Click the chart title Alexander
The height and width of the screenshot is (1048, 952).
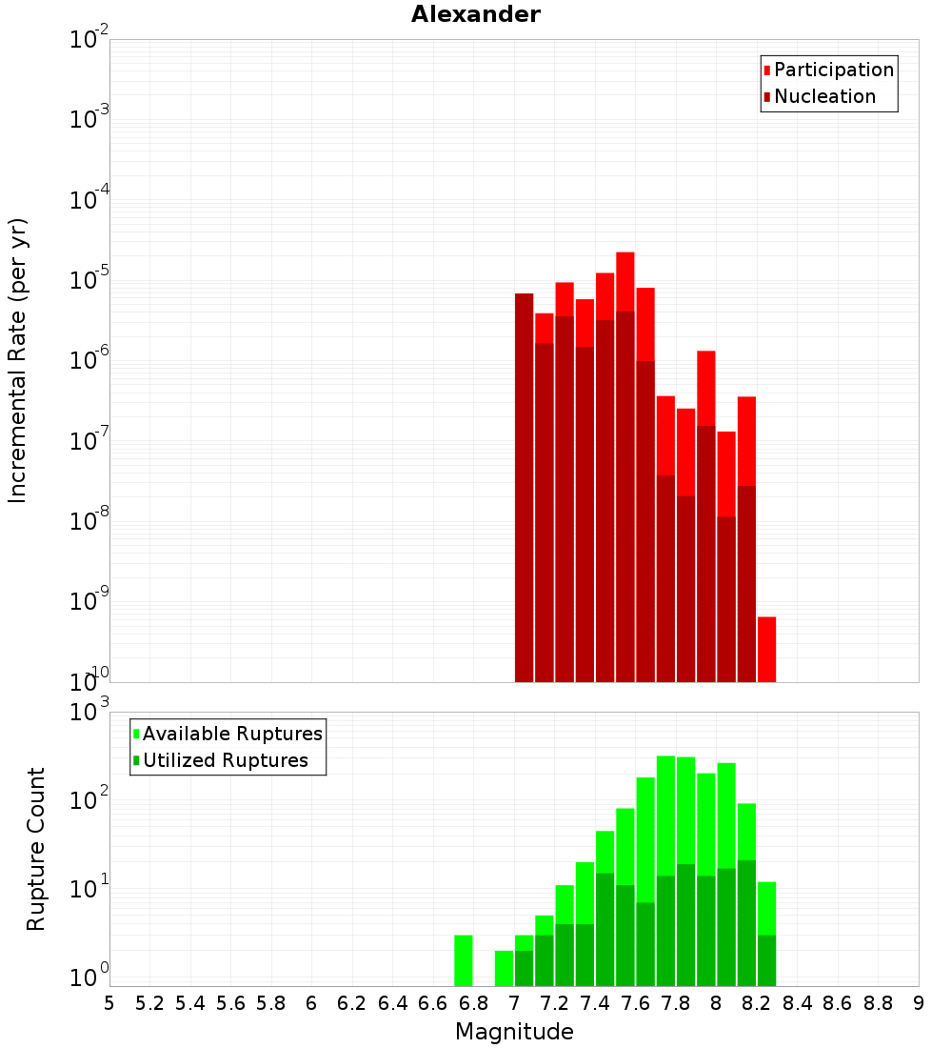[x=475, y=14]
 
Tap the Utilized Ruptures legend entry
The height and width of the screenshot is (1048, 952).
[x=225, y=760]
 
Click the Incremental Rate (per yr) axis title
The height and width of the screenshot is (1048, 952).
[x=18, y=360]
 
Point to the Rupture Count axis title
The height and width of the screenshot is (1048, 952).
[x=36, y=848]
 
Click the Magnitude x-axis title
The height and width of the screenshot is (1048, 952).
[x=514, y=1031]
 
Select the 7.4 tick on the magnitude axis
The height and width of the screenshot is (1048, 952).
[x=595, y=1003]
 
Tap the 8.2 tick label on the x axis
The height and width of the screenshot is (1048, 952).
[x=757, y=1003]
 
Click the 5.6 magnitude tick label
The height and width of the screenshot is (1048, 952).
[x=230, y=1003]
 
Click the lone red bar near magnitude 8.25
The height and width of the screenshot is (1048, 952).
[x=766, y=649]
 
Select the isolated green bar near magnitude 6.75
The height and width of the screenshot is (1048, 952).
[x=463, y=960]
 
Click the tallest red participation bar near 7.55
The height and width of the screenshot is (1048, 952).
[x=625, y=281]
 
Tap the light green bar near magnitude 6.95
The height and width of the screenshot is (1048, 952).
[x=504, y=968]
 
